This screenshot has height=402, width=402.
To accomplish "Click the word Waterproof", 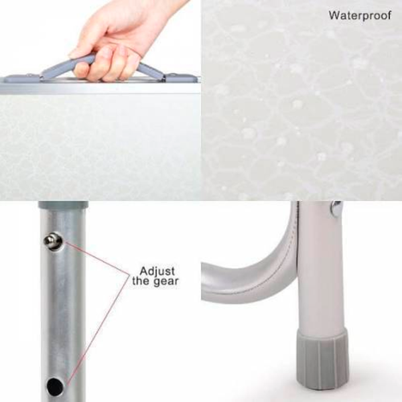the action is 360,15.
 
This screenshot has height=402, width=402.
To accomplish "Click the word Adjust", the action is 157,271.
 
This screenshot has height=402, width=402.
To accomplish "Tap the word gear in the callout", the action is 165,282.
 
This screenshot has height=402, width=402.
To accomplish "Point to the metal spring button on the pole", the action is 53,241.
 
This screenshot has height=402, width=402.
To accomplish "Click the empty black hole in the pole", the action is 55,387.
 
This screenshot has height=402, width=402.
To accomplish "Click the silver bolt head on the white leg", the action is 336,209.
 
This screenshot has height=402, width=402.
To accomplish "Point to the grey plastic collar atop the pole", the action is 63,204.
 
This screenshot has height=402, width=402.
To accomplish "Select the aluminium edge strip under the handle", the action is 100,87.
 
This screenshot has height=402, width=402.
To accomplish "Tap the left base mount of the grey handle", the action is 23,78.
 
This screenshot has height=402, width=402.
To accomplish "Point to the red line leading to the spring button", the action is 97,257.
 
